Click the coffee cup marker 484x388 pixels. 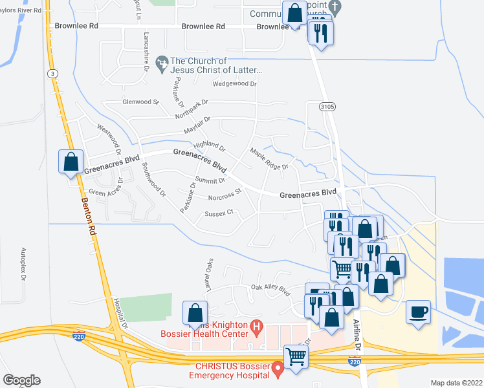[x=419, y=313]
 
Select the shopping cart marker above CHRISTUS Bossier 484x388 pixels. [x=296, y=356]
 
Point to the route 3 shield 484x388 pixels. [x=51, y=74]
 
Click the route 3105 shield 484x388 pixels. [x=327, y=105]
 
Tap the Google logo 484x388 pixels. [x=21, y=380]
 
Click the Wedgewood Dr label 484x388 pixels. [x=235, y=84]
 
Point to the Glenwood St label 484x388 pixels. [x=140, y=102]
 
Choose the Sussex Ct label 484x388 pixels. [x=219, y=212]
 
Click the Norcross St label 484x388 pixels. [x=225, y=195]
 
